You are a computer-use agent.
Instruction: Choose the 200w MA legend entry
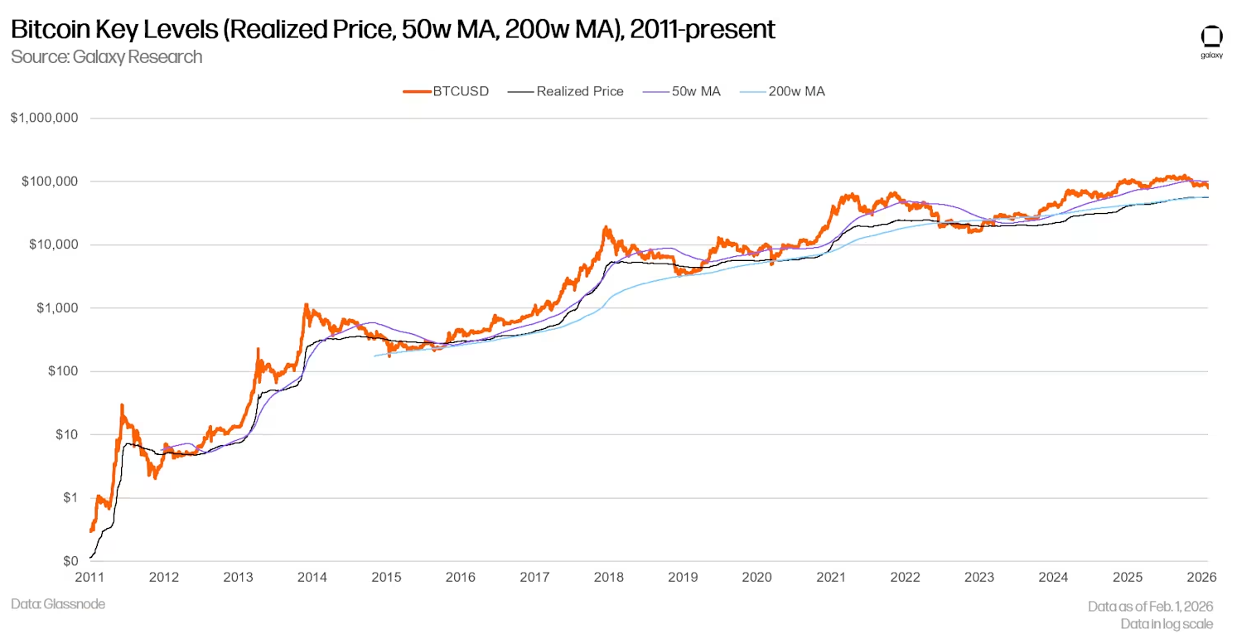pos(795,91)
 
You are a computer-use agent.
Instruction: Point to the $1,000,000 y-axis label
pos(44,118)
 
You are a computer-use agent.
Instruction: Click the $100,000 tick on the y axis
pos(49,181)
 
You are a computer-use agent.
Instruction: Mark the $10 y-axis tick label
pos(67,434)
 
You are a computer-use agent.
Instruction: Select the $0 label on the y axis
pos(71,561)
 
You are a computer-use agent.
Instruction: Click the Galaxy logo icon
pos(1211,38)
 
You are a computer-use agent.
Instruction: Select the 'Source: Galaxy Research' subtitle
pos(106,57)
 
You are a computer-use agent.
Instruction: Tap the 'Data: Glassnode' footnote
pos(58,604)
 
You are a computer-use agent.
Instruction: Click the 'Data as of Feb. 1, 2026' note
pos(1150,607)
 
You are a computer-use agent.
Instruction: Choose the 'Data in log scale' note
pos(1167,623)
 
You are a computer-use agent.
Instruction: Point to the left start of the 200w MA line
pos(375,356)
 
